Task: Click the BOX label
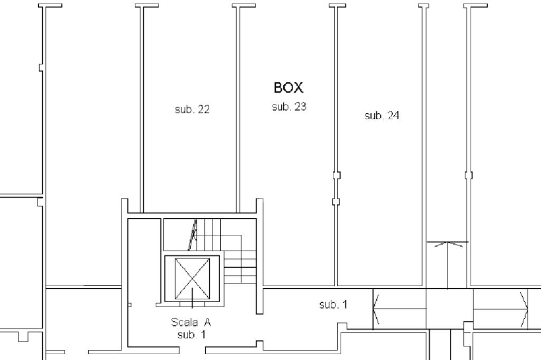coord(289,88)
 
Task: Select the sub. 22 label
coord(192,109)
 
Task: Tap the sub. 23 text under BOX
coord(289,107)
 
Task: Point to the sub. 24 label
coord(382,115)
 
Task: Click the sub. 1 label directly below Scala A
coord(192,334)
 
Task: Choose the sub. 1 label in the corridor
coord(333,304)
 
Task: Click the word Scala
coord(184,322)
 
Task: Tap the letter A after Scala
coord(207,322)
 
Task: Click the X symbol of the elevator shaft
coord(192,279)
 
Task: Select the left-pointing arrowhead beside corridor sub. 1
coord(376,309)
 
